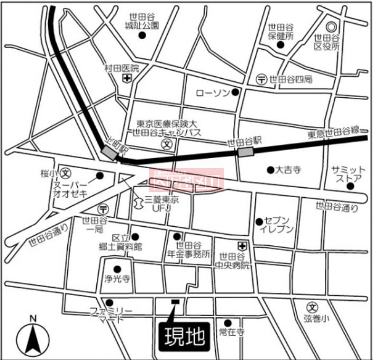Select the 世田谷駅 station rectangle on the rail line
point(245,152)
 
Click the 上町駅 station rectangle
point(110,152)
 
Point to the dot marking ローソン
point(235,93)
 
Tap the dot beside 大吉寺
point(270,170)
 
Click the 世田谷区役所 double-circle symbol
point(332,27)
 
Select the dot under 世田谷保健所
point(281,45)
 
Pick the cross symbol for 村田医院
point(126,78)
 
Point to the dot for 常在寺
point(228,322)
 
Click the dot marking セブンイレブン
point(259,221)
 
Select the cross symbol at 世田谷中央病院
point(242,246)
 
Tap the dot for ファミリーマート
point(110,302)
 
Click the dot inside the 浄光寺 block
point(117,269)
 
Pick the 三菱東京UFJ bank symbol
point(138,201)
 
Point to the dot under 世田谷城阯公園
point(142,35)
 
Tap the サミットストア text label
point(347,173)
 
